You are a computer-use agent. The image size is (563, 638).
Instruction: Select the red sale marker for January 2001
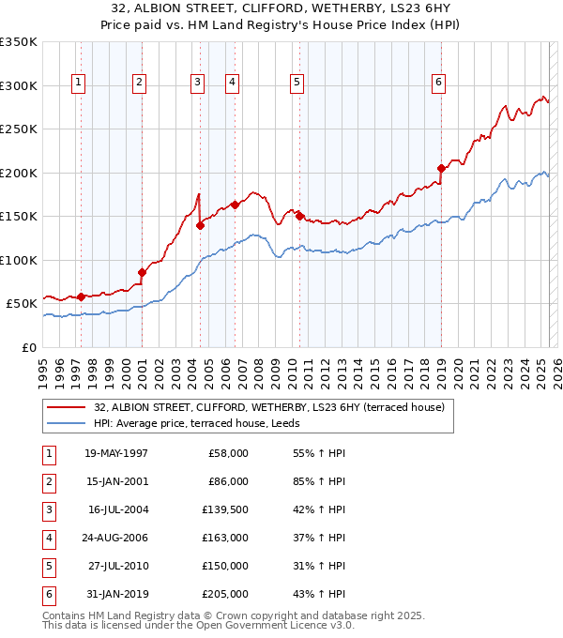[143, 272]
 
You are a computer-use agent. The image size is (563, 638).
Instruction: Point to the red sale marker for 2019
[441, 169]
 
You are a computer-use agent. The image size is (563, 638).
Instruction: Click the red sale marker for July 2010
[299, 216]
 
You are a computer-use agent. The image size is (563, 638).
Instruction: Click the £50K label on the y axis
[22, 303]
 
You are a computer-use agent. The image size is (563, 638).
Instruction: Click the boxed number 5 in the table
[47, 566]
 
